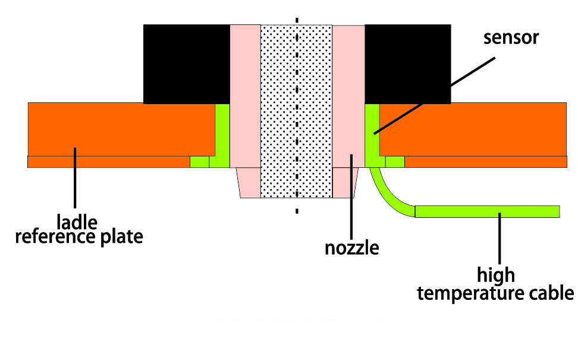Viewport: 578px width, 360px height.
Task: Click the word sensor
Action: (511, 38)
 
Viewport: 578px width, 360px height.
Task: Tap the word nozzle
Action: (351, 246)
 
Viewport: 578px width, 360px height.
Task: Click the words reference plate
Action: (78, 236)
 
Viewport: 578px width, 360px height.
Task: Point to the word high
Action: (495, 276)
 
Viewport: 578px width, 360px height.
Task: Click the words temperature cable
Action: (495, 293)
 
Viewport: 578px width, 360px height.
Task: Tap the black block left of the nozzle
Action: (186, 62)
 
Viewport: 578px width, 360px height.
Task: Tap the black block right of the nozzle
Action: (407, 62)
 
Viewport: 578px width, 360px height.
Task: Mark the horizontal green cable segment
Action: (487, 211)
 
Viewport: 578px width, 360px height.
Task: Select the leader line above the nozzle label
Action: (351, 196)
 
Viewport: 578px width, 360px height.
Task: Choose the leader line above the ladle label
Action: (74, 179)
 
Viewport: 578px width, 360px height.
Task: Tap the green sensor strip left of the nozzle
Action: (222, 134)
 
